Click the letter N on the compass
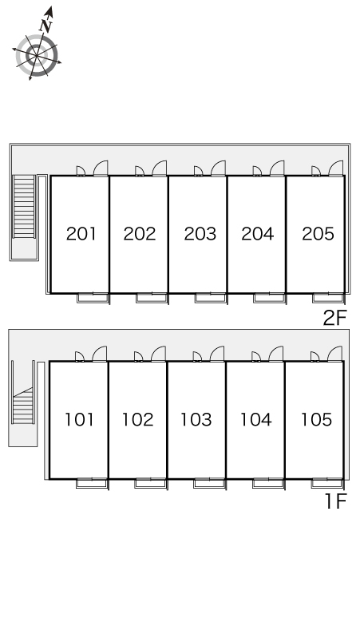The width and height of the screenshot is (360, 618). (x=46, y=26)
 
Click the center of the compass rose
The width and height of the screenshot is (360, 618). (x=37, y=56)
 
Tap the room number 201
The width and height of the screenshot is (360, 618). (x=81, y=234)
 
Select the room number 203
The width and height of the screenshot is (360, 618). (x=200, y=234)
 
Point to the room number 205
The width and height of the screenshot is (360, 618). (x=318, y=233)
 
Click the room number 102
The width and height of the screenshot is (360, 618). (x=137, y=419)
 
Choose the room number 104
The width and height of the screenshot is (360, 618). (x=256, y=419)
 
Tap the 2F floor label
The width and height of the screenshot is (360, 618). (x=334, y=318)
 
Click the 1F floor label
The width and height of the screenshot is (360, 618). (x=336, y=501)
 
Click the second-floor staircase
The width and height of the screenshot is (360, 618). (x=24, y=207)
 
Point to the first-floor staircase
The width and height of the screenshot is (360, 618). (x=23, y=405)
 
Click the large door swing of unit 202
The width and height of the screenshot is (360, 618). (x=160, y=168)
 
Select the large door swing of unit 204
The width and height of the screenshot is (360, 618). (x=277, y=168)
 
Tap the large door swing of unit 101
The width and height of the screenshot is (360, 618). (x=100, y=354)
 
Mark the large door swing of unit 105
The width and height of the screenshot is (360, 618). (x=334, y=354)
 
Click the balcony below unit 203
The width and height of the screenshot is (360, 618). (x=211, y=298)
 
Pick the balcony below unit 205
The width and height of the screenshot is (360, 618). (x=329, y=298)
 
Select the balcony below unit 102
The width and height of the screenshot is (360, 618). (x=151, y=484)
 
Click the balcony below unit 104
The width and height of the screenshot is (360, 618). (x=269, y=484)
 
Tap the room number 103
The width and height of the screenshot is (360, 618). (x=196, y=419)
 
